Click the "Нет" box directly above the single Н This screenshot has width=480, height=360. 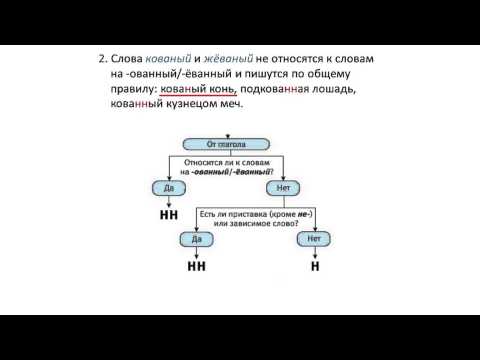pos(314,240)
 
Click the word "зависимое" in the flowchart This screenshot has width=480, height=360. pos(263,223)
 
